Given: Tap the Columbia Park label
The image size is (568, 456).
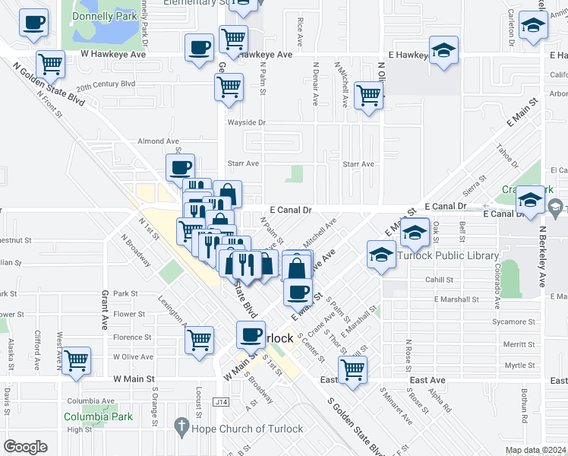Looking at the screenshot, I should pos(98,416).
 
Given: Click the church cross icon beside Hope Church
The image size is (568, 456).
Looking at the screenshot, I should pos(180,429).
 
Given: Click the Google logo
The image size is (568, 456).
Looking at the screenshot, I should pos(25,447).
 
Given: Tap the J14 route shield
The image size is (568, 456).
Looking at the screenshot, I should pos(222,401).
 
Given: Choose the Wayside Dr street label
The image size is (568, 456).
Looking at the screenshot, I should pos(247,122).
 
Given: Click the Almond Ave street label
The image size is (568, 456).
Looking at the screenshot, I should pos(157,141).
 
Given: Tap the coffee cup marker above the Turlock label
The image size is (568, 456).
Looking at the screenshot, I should pos(251,333).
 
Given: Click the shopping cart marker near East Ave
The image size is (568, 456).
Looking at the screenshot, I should pos(352,369).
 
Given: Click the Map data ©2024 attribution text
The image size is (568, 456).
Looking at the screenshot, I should pos(535,450).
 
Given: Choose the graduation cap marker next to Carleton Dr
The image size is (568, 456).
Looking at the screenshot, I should pos(533,27).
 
